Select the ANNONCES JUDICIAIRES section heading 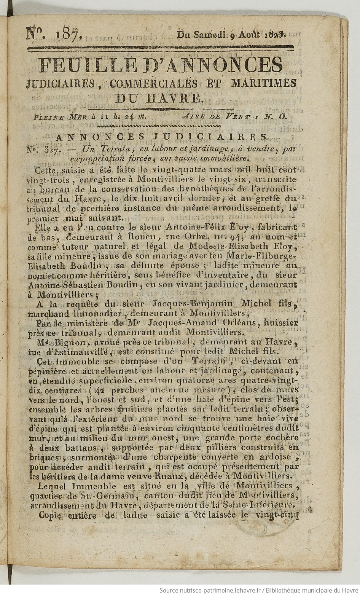coord(162,136)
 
